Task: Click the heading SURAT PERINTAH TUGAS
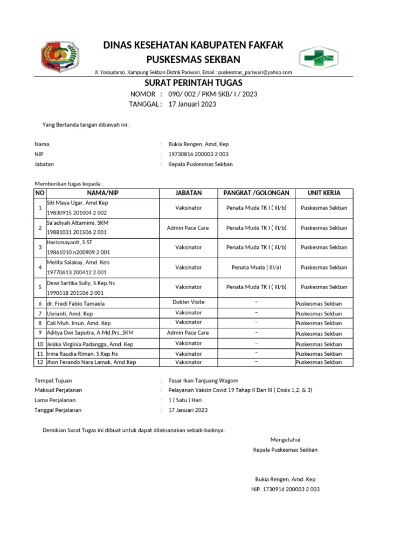(194, 82)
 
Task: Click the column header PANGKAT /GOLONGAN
(256, 193)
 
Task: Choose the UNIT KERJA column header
(323, 193)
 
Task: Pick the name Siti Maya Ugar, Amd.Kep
(78, 203)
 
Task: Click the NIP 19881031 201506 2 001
(77, 232)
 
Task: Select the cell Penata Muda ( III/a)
(256, 267)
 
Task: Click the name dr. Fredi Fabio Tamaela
(75, 303)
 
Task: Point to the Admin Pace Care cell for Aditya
(188, 333)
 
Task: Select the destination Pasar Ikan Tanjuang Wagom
(203, 381)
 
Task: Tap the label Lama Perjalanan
(55, 400)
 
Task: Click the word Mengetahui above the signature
(285, 440)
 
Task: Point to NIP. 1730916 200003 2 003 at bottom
(285, 489)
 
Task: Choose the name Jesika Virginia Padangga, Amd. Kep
(89, 344)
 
